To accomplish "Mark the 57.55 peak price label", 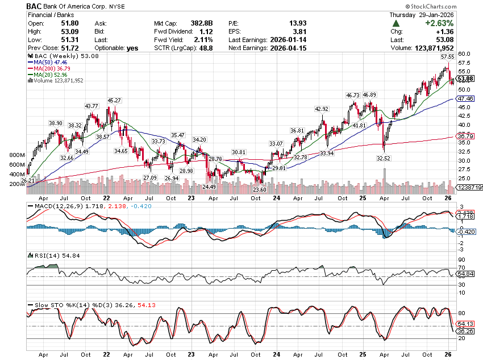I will point(448,57).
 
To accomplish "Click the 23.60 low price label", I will point(260,189).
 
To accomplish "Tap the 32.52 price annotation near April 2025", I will point(385,159).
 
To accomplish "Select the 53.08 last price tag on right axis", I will point(465,78).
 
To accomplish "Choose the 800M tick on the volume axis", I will point(17,155).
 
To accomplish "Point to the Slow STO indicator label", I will point(42,305).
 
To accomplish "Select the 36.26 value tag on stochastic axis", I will point(465,331).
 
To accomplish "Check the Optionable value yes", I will point(132,48).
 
